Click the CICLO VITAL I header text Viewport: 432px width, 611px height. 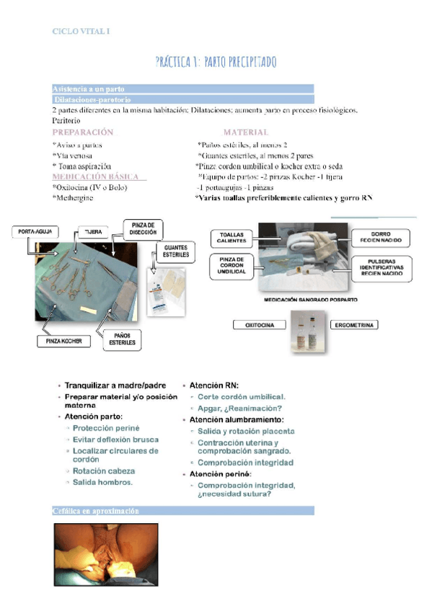click(81, 31)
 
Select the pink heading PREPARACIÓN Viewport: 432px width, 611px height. click(83, 133)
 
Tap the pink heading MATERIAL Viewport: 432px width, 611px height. click(245, 133)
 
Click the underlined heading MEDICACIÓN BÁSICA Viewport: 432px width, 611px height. click(96, 177)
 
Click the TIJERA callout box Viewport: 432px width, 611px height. click(94, 231)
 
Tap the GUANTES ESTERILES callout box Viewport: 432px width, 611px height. click(175, 251)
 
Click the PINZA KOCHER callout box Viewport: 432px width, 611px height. click(63, 342)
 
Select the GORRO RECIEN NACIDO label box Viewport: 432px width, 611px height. click(381, 237)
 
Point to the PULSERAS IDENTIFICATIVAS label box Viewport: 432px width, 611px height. click(381, 267)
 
